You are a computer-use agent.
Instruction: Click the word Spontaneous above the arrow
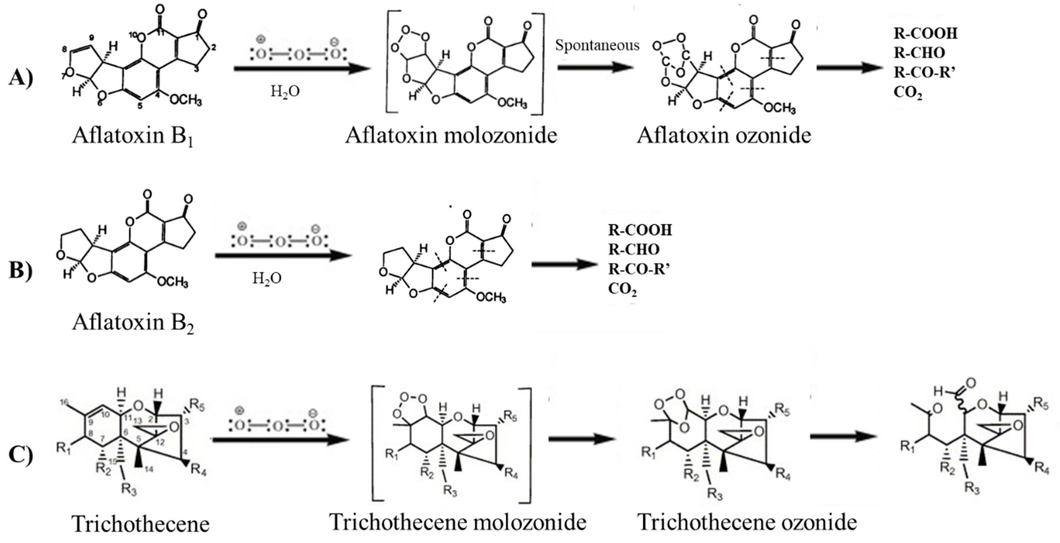597,45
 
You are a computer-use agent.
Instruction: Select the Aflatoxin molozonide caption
451,135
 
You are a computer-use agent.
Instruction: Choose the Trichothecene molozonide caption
458,522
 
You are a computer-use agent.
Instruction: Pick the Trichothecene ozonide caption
747,522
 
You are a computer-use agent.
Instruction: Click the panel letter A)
21,77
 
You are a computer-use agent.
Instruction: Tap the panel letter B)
21,271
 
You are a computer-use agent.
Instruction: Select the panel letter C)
21,454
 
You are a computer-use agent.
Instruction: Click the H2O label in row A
285,91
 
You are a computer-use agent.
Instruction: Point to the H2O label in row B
267,279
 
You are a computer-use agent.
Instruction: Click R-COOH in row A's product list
925,33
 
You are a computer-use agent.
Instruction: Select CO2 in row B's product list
622,290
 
